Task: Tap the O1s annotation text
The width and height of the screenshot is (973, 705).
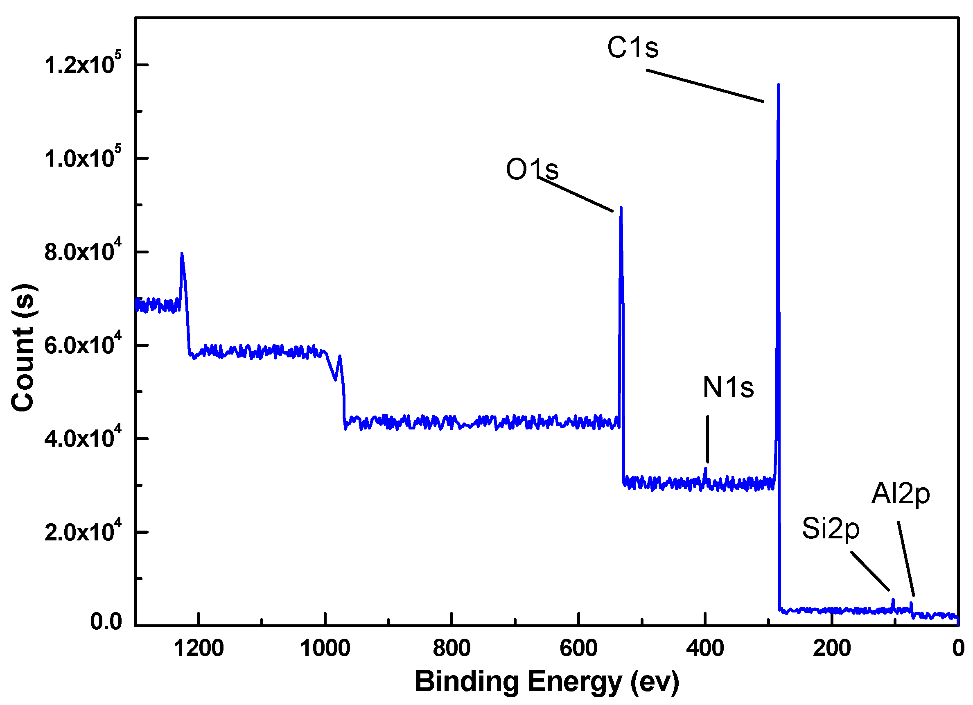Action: pyautogui.click(x=532, y=169)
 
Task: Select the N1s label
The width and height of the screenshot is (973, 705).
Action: pyautogui.click(x=728, y=387)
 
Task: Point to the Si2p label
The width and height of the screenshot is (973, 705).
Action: pyautogui.click(x=831, y=529)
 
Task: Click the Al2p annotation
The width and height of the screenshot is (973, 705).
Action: pyautogui.click(x=901, y=494)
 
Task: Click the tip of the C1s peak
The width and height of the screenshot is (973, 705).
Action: pyautogui.click(x=778, y=85)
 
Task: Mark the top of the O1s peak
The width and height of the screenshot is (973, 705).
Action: pyautogui.click(x=621, y=208)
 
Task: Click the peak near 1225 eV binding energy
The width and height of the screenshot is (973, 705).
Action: pyautogui.click(x=182, y=253)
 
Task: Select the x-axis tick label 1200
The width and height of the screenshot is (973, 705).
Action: pyautogui.click(x=199, y=649)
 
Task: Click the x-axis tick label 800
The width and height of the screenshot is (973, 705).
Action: pyautogui.click(x=452, y=649)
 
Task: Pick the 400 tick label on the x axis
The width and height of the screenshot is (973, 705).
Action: pyautogui.click(x=705, y=649)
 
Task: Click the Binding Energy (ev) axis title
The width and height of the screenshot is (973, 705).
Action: pyautogui.click(x=546, y=682)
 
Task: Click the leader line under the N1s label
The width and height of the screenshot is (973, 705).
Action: pyautogui.click(x=707, y=439)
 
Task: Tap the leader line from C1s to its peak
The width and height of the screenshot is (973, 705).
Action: pyautogui.click(x=705, y=86)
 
